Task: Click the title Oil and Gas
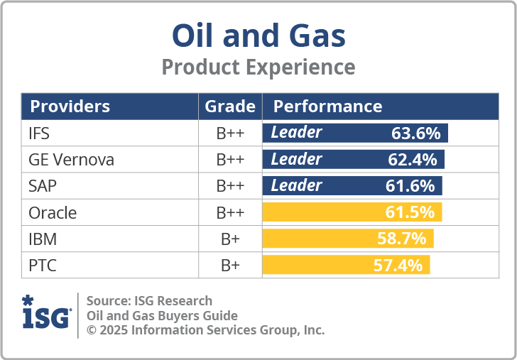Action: coord(258,35)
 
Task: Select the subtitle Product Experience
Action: coord(258,67)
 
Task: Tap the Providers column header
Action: coord(70,107)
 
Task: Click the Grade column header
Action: coord(230,107)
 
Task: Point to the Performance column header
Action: coord(327,107)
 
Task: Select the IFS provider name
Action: coord(39,133)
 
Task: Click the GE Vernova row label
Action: coord(71,160)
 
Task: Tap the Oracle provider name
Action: coord(52,212)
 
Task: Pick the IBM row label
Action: coord(43,239)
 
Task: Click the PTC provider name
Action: coord(42,266)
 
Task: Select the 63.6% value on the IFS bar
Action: coord(415,133)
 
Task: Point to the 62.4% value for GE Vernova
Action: coord(412,160)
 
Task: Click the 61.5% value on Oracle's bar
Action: coord(410,212)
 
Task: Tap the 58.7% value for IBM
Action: coord(401,239)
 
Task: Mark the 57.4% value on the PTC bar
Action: coord(398,266)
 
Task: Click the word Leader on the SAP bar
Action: coord(296,186)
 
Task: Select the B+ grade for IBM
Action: coord(230,239)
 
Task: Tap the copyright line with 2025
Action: coord(205,330)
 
